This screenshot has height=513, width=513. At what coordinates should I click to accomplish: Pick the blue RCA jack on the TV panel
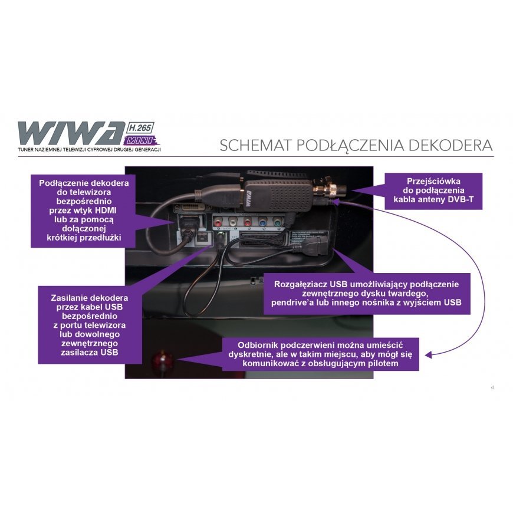coord(262,223)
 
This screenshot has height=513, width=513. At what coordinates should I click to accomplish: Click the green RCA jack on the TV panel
coord(247,223)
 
